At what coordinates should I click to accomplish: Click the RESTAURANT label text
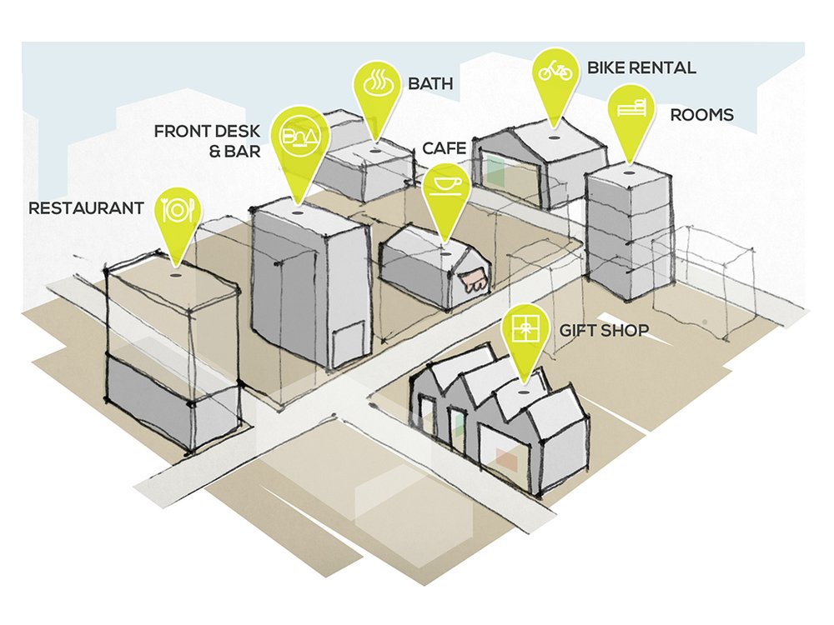tap(86, 207)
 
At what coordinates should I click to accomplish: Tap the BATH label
tap(430, 84)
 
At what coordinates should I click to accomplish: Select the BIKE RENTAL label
tap(641, 67)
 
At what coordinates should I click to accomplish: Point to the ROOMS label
tap(702, 114)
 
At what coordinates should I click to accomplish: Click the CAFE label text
tap(444, 148)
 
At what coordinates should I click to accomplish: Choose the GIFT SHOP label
tap(604, 331)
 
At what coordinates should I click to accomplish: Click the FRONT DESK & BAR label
tap(208, 141)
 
